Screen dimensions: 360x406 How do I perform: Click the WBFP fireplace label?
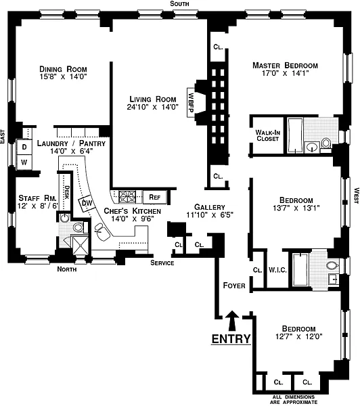(191, 103)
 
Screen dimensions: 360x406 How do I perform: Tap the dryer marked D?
(24, 147)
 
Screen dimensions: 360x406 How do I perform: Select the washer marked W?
(24, 162)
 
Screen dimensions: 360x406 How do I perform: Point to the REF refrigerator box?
(154, 198)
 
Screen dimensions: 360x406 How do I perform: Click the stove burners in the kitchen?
(127, 197)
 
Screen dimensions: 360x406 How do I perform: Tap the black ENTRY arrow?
(232, 321)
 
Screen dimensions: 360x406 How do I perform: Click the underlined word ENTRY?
(231, 339)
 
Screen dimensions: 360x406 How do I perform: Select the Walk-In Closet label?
(267, 135)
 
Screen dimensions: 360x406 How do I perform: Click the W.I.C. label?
(277, 270)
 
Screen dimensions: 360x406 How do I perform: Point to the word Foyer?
(234, 286)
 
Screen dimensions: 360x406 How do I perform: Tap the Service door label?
(162, 263)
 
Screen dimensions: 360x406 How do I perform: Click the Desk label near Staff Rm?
(66, 192)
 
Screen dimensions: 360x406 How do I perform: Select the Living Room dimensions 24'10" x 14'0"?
(153, 107)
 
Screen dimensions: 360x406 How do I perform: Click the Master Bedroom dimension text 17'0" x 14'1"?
(285, 73)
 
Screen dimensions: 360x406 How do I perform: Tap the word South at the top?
(179, 3)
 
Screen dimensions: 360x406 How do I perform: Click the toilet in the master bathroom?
(326, 143)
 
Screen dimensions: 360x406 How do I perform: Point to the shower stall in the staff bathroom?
(80, 245)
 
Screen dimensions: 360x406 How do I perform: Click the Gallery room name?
(210, 207)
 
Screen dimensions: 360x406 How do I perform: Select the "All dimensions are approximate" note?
(294, 399)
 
